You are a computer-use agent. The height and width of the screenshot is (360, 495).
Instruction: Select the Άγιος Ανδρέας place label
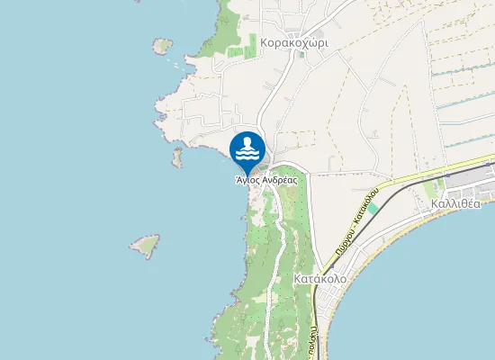click(265, 179)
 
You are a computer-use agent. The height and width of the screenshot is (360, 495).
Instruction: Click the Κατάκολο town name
click(319, 279)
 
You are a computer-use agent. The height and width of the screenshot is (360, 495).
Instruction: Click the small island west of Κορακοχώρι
click(163, 45)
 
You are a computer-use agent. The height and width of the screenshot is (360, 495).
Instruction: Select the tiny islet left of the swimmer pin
click(177, 158)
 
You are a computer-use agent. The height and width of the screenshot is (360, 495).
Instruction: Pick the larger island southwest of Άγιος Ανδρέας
click(145, 245)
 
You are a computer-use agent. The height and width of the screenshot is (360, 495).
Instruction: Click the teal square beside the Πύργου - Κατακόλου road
click(373, 208)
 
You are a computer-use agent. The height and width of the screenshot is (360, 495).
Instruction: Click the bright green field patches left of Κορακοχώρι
click(235, 51)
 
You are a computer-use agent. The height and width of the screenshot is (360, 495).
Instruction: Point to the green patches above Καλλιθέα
click(438, 187)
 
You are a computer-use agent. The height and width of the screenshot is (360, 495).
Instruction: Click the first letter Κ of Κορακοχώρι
click(264, 42)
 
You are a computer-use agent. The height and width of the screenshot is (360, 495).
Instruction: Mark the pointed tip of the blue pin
click(247, 171)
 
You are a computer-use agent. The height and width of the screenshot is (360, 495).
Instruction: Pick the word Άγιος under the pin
click(247, 179)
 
